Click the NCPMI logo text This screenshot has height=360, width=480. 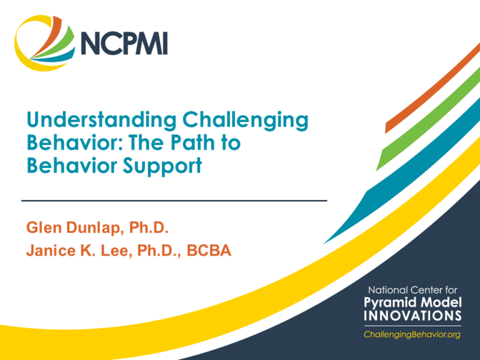click(124, 43)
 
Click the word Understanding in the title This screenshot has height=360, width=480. click(102, 120)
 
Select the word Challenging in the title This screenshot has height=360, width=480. click(246, 120)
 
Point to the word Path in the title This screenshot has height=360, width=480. click(192, 142)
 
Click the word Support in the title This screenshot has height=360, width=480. click(162, 166)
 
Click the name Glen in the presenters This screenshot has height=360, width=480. click(44, 227)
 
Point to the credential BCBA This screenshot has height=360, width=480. click(209, 251)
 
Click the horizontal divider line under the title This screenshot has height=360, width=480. click(174, 201)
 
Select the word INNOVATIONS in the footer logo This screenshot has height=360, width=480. click(412, 316)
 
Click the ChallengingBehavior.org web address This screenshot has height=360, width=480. click(412, 334)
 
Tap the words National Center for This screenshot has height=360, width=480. click(412, 290)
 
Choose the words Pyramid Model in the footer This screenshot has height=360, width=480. click(412, 302)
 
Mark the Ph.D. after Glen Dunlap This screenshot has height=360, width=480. click(149, 227)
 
